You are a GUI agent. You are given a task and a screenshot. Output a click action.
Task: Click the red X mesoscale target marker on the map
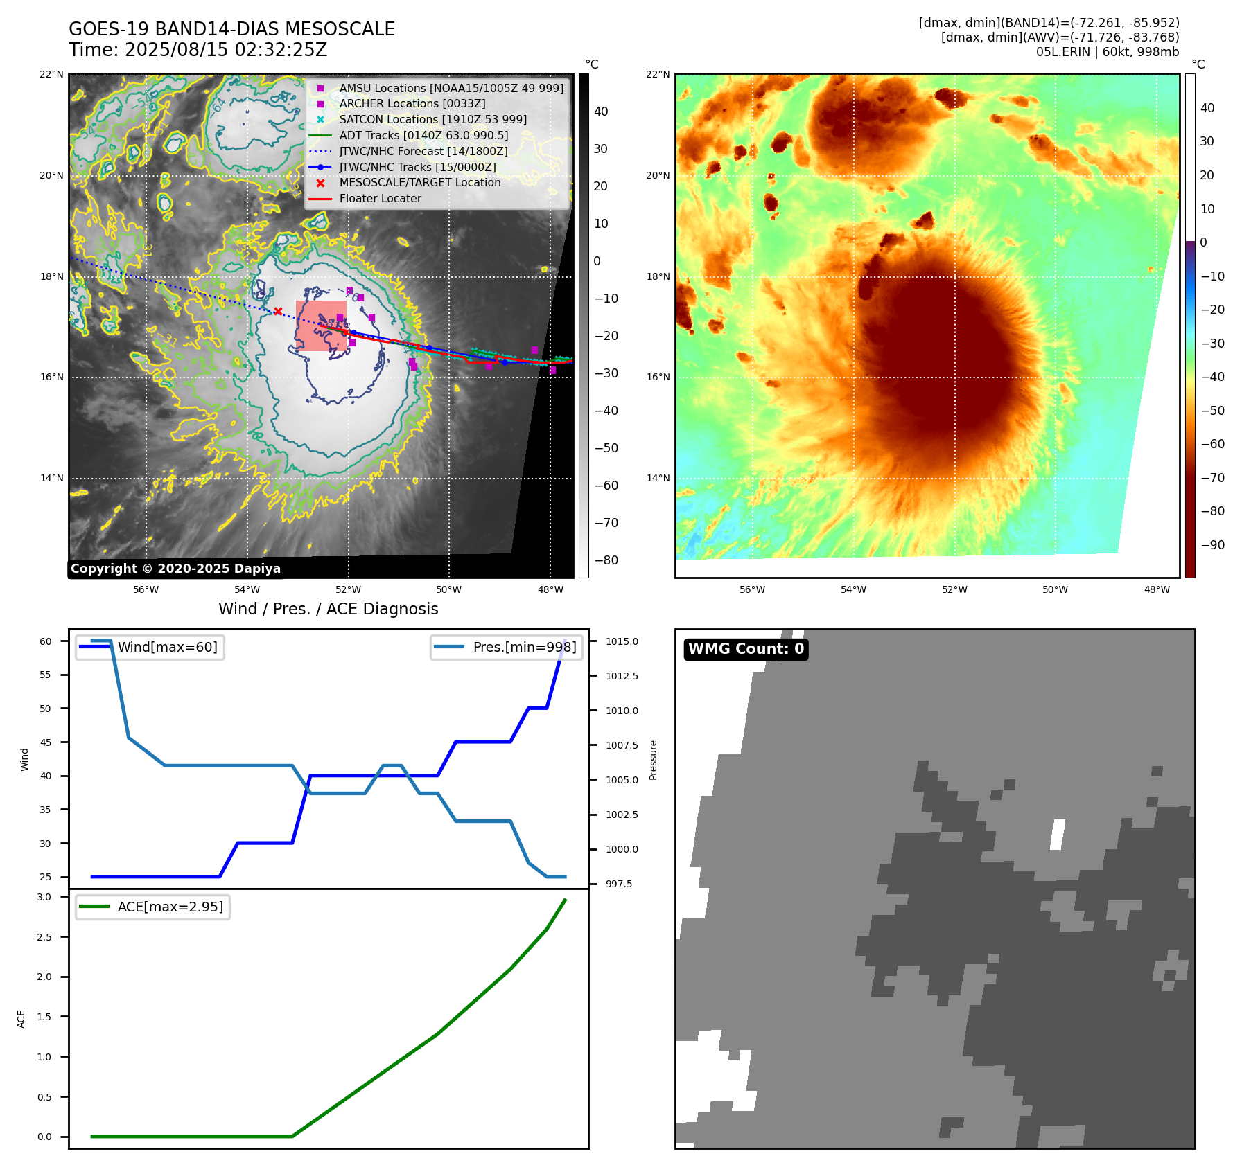(x=278, y=312)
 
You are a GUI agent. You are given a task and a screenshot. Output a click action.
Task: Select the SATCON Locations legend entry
(x=432, y=119)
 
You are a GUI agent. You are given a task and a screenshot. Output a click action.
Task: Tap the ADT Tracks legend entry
(x=423, y=135)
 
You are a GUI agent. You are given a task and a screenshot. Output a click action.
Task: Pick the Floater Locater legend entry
(x=380, y=198)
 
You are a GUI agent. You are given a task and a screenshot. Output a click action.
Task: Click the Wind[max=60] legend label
(x=167, y=647)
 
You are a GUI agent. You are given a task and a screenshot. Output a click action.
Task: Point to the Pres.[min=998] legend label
(x=524, y=647)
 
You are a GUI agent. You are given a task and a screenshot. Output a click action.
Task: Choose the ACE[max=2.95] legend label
(x=170, y=907)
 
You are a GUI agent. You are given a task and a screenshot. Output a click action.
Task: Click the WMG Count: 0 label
(x=746, y=649)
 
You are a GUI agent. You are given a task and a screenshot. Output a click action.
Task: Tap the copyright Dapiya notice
(x=175, y=569)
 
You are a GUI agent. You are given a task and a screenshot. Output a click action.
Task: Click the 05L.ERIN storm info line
(x=1107, y=52)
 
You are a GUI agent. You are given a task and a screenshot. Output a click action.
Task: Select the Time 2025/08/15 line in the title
(x=198, y=50)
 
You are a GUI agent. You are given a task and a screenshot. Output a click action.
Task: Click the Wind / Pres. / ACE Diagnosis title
(x=328, y=609)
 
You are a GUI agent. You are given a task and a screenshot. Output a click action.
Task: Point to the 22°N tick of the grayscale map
(x=51, y=75)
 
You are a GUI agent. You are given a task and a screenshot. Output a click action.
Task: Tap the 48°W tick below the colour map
(x=1157, y=589)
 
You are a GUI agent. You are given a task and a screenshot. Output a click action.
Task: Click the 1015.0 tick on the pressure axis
(x=622, y=641)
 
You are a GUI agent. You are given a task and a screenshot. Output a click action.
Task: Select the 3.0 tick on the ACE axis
(x=44, y=897)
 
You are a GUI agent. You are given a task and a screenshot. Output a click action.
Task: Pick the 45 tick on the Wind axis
(x=46, y=742)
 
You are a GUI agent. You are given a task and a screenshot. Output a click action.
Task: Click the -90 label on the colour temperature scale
(x=1212, y=545)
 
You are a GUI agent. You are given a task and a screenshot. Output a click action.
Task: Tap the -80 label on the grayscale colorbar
(x=606, y=560)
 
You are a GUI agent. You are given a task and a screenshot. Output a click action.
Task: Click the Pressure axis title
(x=653, y=760)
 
